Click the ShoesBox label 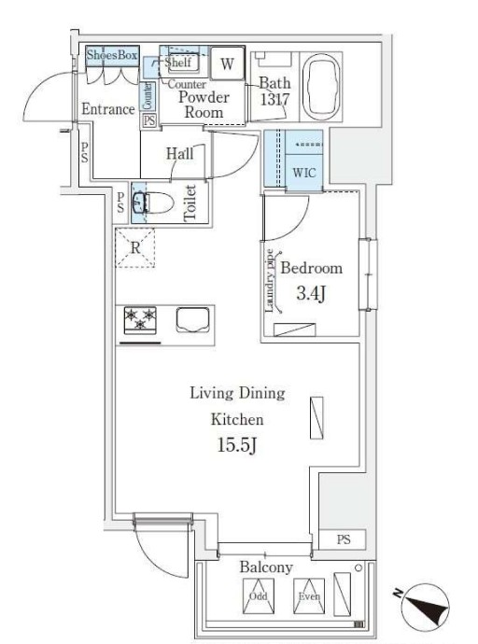pyautogui.click(x=112, y=55)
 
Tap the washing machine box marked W pyautogui.click(x=227, y=63)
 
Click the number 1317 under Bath pyautogui.click(x=274, y=99)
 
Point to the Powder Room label pyautogui.click(x=204, y=105)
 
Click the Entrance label pyautogui.click(x=108, y=109)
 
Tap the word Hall pyautogui.click(x=179, y=154)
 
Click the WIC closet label pyautogui.click(x=304, y=173)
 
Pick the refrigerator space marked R pyautogui.click(x=135, y=248)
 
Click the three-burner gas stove pyautogui.click(x=140, y=320)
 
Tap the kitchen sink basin pyautogui.click(x=192, y=320)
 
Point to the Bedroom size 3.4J pyautogui.click(x=311, y=294)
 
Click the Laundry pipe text pyautogui.click(x=270, y=281)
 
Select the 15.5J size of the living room pyautogui.click(x=237, y=445)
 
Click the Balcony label pyautogui.click(x=266, y=567)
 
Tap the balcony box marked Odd pyautogui.click(x=259, y=596)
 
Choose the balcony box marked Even pyautogui.click(x=309, y=596)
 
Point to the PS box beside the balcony pyautogui.click(x=343, y=539)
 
